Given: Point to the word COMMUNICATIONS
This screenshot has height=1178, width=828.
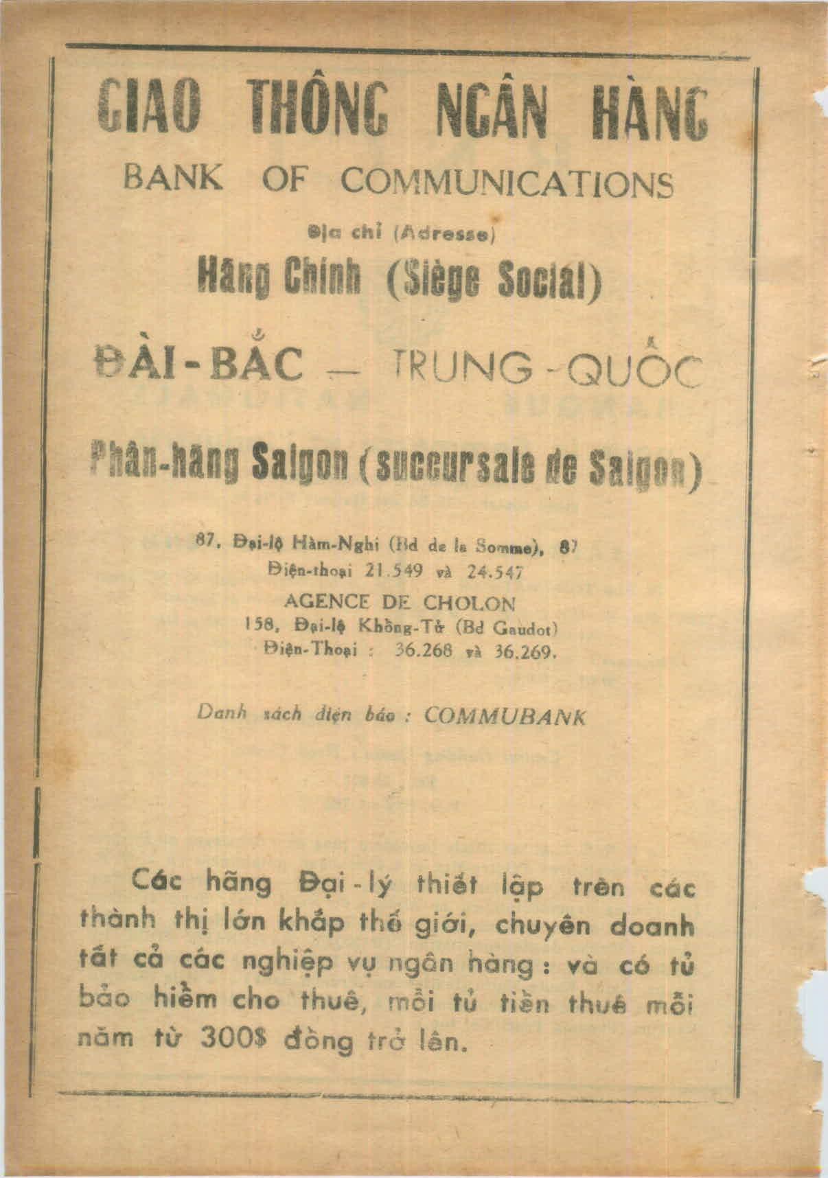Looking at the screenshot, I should [x=507, y=182].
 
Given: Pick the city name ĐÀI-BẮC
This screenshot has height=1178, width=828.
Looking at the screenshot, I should [x=199, y=364].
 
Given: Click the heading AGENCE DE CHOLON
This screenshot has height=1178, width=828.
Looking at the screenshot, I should [x=399, y=603].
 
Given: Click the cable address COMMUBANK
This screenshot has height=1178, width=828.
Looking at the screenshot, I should [x=505, y=716].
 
